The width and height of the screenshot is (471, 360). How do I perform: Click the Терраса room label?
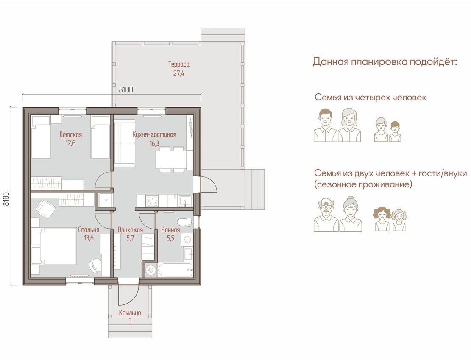tap(179, 64)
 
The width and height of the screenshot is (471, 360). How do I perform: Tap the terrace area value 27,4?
tap(179, 73)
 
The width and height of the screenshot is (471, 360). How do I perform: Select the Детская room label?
tap(71, 134)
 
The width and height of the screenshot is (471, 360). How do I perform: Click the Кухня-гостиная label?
tap(154, 134)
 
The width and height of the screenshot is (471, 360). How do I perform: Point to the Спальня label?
tap(89, 230)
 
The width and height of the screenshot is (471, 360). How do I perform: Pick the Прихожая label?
tap(130, 230)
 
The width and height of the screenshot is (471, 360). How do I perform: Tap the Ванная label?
tap(170, 230)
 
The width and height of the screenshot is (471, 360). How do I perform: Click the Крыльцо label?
tap(130, 313)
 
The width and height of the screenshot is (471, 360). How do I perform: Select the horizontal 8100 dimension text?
tap(126, 89)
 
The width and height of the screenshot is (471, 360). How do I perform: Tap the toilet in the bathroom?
tap(184, 222)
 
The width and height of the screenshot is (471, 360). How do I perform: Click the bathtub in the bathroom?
tap(175, 271)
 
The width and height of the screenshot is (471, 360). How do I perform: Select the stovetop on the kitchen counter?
tap(152, 201)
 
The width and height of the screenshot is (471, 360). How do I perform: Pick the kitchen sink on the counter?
tap(185, 201)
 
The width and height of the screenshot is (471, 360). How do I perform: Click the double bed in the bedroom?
tap(54, 246)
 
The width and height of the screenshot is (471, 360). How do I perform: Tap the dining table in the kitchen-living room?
tap(171, 160)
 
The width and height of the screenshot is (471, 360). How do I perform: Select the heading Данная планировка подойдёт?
tap(385, 61)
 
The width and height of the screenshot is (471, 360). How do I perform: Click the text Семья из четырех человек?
tap(371, 98)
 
